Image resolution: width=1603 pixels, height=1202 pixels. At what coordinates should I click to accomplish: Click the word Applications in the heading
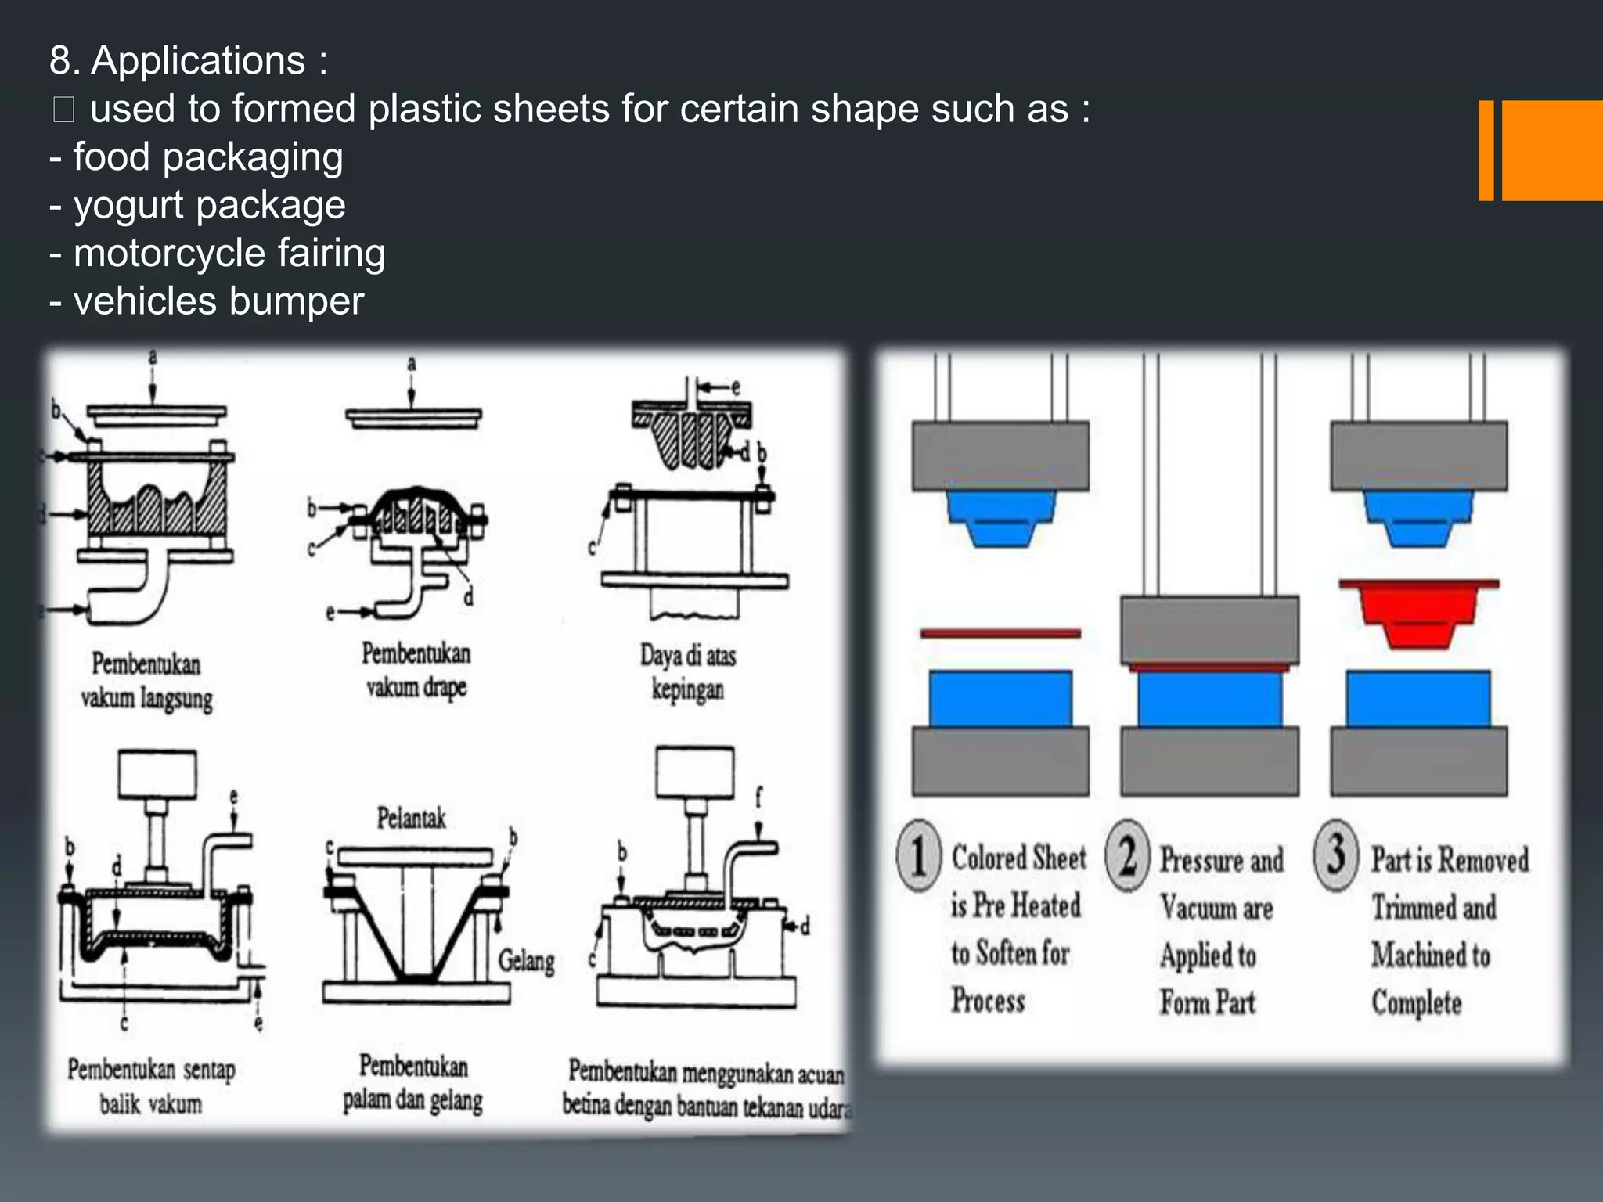point(197,61)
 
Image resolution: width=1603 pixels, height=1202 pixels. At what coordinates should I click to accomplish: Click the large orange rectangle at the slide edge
point(1551,150)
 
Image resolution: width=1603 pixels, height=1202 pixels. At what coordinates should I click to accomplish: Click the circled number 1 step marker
point(918,855)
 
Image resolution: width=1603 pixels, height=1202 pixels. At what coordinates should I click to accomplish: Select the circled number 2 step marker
point(1127,855)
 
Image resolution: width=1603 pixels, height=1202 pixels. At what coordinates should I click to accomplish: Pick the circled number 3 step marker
point(1336,854)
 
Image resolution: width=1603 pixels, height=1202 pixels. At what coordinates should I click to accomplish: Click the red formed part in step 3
point(1418,614)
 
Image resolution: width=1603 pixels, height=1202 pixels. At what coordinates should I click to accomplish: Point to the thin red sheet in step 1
point(1000,633)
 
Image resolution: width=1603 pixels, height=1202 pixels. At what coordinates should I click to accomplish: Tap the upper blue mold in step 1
point(1000,516)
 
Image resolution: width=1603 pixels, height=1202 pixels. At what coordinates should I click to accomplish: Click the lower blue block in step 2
point(1209,700)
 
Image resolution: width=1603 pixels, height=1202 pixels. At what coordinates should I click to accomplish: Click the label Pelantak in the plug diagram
point(411,819)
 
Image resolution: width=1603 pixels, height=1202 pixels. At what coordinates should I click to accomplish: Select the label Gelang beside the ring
point(526,960)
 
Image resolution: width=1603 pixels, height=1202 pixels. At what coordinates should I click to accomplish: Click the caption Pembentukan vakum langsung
point(146,681)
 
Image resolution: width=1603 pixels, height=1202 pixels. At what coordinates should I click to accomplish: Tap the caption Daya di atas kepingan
point(688,672)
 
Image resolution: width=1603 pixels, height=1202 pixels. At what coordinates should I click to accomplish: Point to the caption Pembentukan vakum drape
point(416,670)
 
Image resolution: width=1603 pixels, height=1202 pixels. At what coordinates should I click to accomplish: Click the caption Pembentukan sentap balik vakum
point(150,1086)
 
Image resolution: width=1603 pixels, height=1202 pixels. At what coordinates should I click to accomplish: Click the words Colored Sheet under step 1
point(1018,858)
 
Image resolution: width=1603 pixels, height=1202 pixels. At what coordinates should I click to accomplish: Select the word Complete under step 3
point(1416,1002)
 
